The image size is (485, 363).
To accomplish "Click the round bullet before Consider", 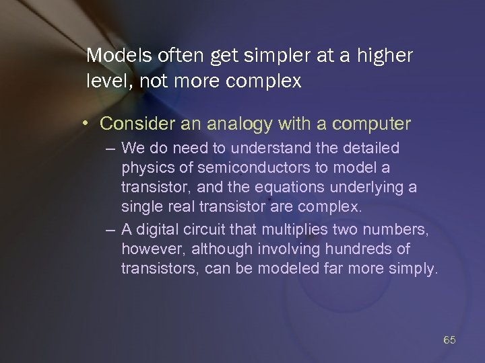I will click(x=89, y=124).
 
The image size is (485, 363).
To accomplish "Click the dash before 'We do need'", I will click(x=110, y=148).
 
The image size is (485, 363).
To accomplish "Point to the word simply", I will click(x=415, y=270).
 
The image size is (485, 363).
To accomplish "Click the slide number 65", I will click(x=450, y=340).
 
